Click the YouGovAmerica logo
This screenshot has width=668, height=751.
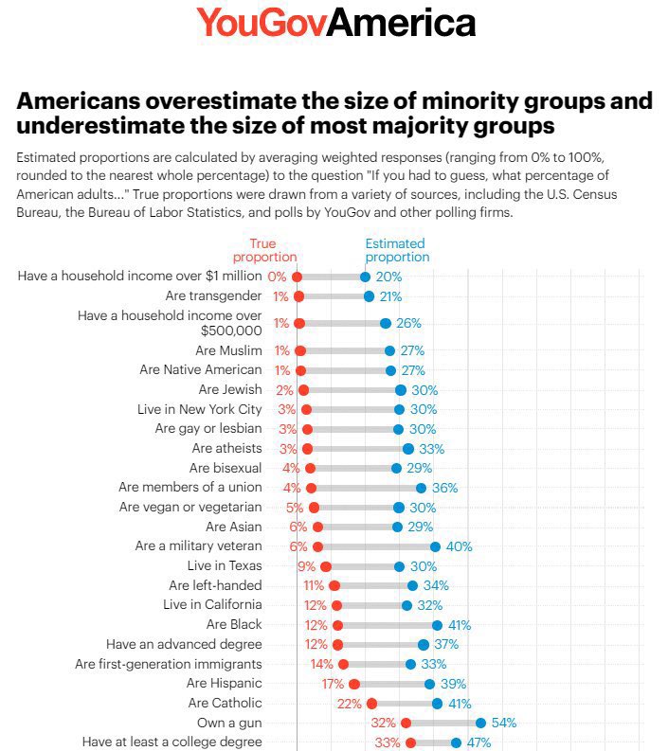pyautogui.click(x=335, y=23)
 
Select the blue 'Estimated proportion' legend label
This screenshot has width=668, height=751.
pyautogui.click(x=397, y=250)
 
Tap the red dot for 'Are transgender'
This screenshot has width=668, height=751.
pyautogui.click(x=298, y=296)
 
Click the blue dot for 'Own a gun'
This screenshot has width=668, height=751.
pyautogui.click(x=480, y=723)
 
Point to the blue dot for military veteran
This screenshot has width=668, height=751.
pyautogui.click(x=435, y=546)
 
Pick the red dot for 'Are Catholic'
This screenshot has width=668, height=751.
pyautogui.click(x=371, y=703)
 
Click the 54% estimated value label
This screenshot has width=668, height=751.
pyautogui.click(x=504, y=723)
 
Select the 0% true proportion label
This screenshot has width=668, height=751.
pyautogui.click(x=277, y=277)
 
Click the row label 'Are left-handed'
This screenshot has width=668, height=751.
pyautogui.click(x=215, y=585)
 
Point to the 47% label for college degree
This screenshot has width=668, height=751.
pyautogui.click(x=478, y=742)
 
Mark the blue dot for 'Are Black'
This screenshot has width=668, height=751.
pyautogui.click(x=437, y=625)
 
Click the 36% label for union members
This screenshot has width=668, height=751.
pyautogui.click(x=445, y=488)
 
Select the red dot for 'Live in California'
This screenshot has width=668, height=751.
pyautogui.click(x=336, y=605)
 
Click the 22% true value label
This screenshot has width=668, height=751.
pyautogui.click(x=349, y=703)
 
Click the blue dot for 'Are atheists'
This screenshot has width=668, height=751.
pyautogui.click(x=408, y=449)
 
